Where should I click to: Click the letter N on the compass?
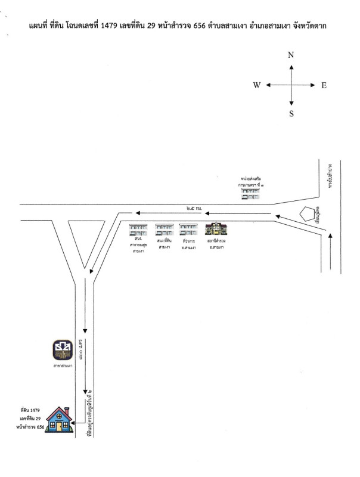(x=291, y=55)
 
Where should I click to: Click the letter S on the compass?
(x=291, y=114)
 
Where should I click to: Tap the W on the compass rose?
(x=256, y=85)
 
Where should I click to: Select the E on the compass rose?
(x=324, y=85)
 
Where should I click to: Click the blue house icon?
(x=59, y=420)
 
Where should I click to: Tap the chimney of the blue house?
(x=69, y=410)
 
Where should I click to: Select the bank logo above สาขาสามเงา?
(x=63, y=349)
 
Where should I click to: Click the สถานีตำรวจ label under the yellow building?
(x=214, y=241)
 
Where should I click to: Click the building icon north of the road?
(x=249, y=195)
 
